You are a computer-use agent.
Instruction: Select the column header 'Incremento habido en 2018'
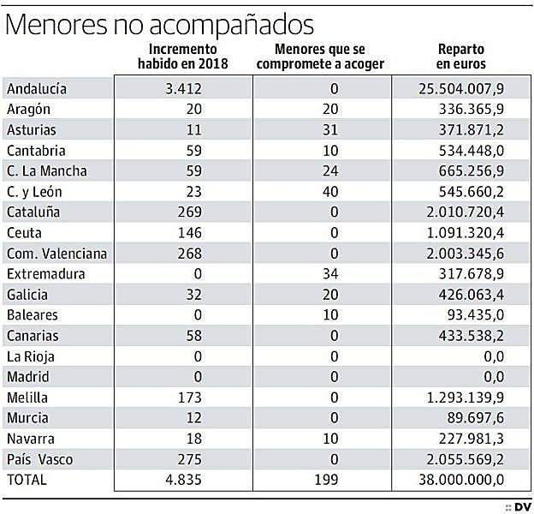(x=183, y=57)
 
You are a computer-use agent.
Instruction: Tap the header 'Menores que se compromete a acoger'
(x=322, y=57)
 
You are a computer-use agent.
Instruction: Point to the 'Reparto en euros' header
(x=460, y=57)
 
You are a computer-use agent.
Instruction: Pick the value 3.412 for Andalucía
(x=183, y=88)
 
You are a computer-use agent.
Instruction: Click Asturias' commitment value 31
(x=332, y=129)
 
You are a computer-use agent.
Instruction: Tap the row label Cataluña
(x=33, y=212)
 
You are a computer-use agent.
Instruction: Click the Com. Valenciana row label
(x=56, y=253)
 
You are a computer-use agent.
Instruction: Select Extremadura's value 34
(x=332, y=273)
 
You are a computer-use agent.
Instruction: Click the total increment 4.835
(x=183, y=480)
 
